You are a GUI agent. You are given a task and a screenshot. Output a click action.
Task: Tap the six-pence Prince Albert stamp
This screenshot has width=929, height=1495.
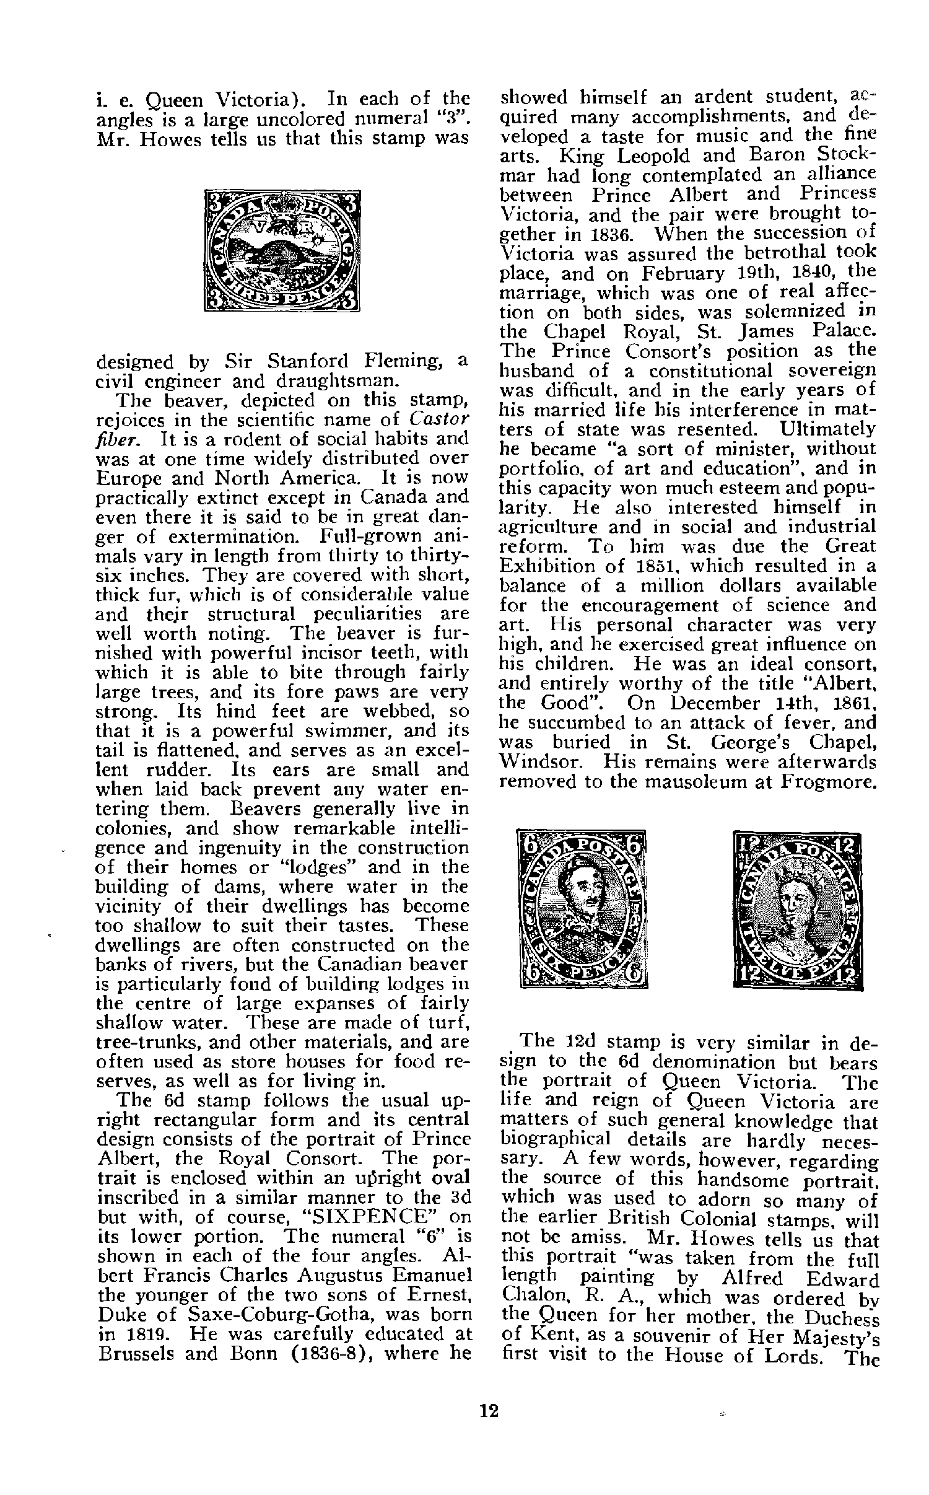pyautogui.click(x=582, y=908)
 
